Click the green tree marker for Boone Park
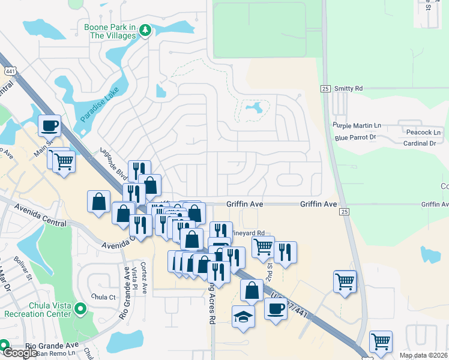145,29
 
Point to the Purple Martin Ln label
357,125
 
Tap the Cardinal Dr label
420,143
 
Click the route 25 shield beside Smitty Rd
325,89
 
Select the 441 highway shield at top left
9,71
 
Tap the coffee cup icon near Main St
50,126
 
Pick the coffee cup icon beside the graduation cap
276,309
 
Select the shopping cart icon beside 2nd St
263,246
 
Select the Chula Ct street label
103,296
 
